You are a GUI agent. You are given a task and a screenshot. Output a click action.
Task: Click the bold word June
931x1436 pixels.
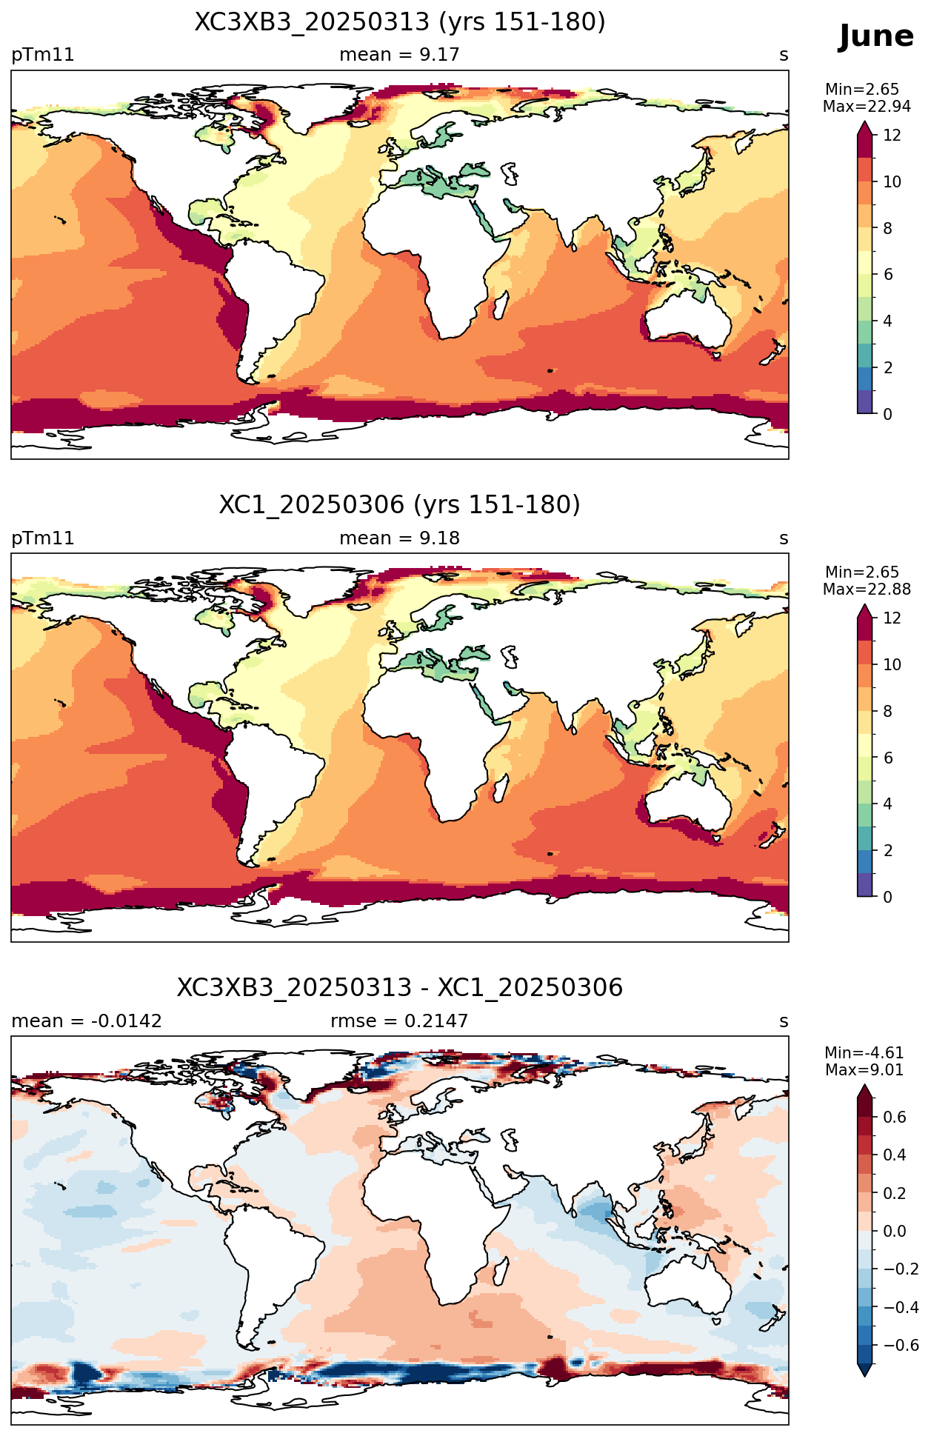pos(876,36)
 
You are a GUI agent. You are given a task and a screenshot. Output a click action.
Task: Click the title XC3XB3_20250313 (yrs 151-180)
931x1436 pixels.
pos(400,22)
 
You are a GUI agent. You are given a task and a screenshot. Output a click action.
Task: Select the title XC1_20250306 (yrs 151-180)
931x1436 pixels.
pos(400,505)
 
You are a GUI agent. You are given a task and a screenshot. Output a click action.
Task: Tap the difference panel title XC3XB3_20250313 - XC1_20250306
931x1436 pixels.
pos(400,988)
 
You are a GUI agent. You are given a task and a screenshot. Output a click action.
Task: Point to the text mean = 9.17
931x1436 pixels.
pos(399,55)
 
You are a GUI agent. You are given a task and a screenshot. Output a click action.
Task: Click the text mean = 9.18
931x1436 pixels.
pos(399,538)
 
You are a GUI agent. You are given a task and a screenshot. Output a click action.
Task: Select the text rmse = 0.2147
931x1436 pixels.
pos(399,1021)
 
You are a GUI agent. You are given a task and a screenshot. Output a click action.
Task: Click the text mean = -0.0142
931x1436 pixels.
pos(87,1021)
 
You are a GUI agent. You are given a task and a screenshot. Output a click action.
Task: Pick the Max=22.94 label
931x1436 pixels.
pos(867,107)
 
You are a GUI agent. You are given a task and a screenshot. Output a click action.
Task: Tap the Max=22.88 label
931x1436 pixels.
pos(867,590)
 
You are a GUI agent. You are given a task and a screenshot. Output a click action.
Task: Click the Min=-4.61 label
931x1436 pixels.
pos(864,1053)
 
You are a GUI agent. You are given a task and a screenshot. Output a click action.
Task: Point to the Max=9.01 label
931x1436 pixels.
pos(864,1070)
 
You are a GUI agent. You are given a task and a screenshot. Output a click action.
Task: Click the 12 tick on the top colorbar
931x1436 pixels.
pos(892,136)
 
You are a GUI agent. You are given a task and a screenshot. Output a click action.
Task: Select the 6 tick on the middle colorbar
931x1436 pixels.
pos(888,758)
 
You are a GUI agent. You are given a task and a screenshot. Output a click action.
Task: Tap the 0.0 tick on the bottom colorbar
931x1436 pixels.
pos(895,1232)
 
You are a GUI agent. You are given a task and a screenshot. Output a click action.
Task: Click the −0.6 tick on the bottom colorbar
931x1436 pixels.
pos(901,1346)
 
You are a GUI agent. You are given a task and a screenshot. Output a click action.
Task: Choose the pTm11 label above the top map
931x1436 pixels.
pos(43,55)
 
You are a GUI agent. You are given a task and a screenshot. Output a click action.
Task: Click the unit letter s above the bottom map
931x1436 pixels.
pos(784,1022)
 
